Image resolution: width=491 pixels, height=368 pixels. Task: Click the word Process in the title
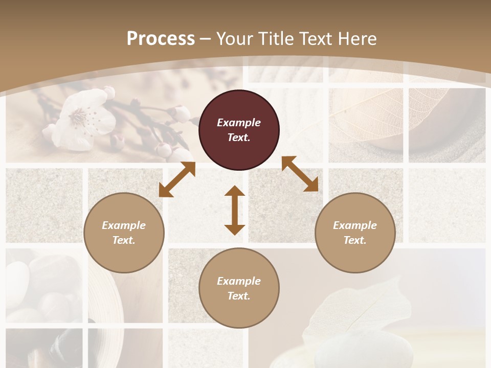(161, 39)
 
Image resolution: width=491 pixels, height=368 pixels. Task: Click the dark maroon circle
(239, 130)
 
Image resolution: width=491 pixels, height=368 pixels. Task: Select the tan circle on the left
(124, 233)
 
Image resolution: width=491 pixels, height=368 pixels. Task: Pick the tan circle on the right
(355, 233)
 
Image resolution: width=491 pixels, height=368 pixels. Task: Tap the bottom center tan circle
(239, 288)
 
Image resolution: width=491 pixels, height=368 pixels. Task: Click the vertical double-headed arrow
(235, 210)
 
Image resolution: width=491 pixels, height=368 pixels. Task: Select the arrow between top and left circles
(177, 179)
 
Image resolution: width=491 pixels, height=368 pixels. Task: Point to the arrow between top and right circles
(300, 174)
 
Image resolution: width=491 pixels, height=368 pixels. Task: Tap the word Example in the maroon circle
(239, 123)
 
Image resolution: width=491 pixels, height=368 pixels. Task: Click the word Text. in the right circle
(355, 240)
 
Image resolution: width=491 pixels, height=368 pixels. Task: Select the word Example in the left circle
(124, 225)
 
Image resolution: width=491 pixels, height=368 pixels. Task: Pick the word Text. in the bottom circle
(239, 296)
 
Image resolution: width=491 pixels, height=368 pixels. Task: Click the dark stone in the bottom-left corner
(66, 348)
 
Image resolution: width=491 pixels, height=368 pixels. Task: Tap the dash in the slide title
(206, 39)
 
